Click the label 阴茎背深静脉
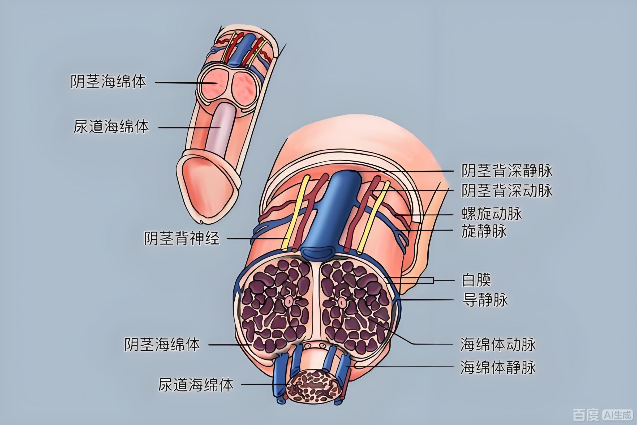click(507, 171)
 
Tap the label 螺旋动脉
click(492, 214)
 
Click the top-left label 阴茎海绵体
click(108, 82)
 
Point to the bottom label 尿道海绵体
click(196, 385)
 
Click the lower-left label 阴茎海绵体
click(162, 345)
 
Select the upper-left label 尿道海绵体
click(111, 127)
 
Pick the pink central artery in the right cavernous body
click(342, 301)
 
